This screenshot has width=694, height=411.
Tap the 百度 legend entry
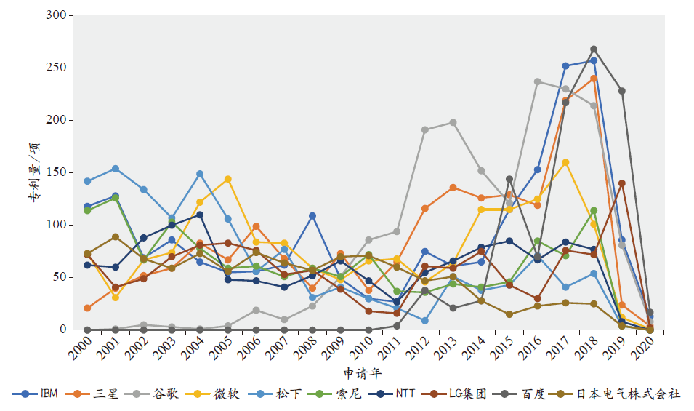[531, 394]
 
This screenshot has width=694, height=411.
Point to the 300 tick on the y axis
[56, 15]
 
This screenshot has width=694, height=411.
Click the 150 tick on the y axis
[56, 172]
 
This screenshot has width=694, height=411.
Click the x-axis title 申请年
[361, 372]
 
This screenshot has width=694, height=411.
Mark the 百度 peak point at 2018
[594, 49]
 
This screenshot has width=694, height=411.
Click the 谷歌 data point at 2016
[538, 81]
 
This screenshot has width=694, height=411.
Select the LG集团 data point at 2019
[622, 183]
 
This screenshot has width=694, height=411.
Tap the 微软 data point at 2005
[228, 179]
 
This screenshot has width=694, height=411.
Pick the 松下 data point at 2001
[116, 169]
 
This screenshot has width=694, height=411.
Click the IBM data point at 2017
[566, 65]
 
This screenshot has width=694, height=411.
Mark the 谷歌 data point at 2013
[453, 122]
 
